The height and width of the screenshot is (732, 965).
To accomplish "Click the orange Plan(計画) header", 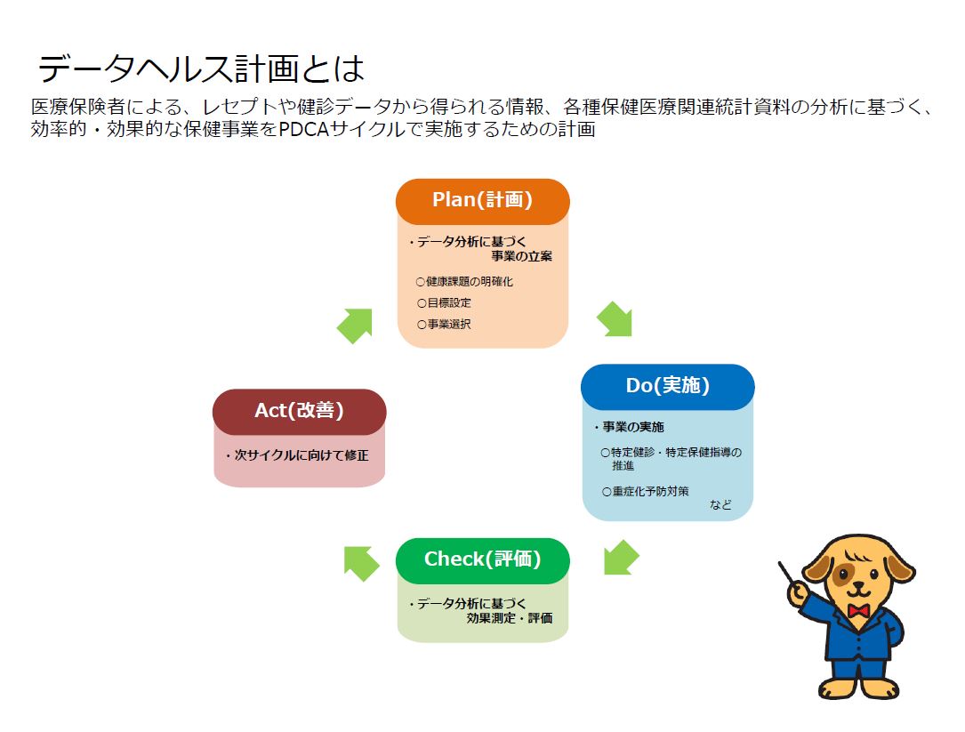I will (482, 200).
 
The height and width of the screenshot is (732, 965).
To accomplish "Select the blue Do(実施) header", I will (667, 386).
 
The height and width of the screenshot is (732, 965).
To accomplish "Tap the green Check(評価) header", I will (482, 559).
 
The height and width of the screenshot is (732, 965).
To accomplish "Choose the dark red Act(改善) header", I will (299, 411).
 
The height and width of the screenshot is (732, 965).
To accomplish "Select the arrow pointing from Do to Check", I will (620, 557).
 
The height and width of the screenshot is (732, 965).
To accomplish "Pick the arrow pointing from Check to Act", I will (361, 563).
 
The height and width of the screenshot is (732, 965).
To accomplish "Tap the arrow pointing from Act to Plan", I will (354, 326).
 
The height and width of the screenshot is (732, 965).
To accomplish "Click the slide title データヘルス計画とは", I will (202, 68).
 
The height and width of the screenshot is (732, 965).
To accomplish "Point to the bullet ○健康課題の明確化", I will (464, 281).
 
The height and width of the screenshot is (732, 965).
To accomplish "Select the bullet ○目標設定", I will (444, 302).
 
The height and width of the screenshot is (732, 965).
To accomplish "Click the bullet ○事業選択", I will (444, 324).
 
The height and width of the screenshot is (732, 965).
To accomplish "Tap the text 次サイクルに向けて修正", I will (302, 454).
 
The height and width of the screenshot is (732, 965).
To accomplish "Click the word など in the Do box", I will (720, 505).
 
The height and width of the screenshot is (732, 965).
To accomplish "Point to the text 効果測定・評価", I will (509, 618).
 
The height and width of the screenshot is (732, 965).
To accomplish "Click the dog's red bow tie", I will (857, 611).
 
